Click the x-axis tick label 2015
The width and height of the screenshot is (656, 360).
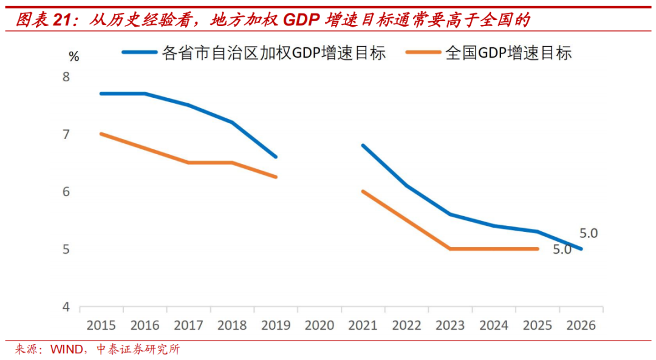pyautogui.click(x=101, y=325)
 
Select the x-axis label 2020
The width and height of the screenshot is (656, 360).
pyautogui.click(x=319, y=325)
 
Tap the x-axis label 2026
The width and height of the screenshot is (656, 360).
pyautogui.click(x=581, y=325)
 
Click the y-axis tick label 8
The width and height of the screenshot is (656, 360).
pyautogui.click(x=66, y=77)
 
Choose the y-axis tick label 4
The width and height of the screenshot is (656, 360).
pyautogui.click(x=66, y=307)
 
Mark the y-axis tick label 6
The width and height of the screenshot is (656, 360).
pyautogui.click(x=66, y=192)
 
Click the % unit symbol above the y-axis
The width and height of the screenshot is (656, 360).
pyautogui.click(x=74, y=57)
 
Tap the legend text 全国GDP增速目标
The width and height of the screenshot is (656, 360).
pyautogui.click(x=508, y=53)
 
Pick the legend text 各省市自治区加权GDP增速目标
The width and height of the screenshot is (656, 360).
pyautogui.click(x=274, y=53)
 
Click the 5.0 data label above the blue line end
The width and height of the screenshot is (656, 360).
pyautogui.click(x=589, y=233)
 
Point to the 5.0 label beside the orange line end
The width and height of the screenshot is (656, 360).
pyautogui.click(x=562, y=249)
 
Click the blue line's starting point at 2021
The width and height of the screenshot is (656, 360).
pyautogui.click(x=363, y=146)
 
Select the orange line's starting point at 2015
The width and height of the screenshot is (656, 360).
pyautogui.click(x=101, y=134)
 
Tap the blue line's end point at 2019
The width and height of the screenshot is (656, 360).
pyautogui.click(x=276, y=157)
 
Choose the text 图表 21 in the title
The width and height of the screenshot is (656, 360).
pyautogui.click(x=42, y=21)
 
